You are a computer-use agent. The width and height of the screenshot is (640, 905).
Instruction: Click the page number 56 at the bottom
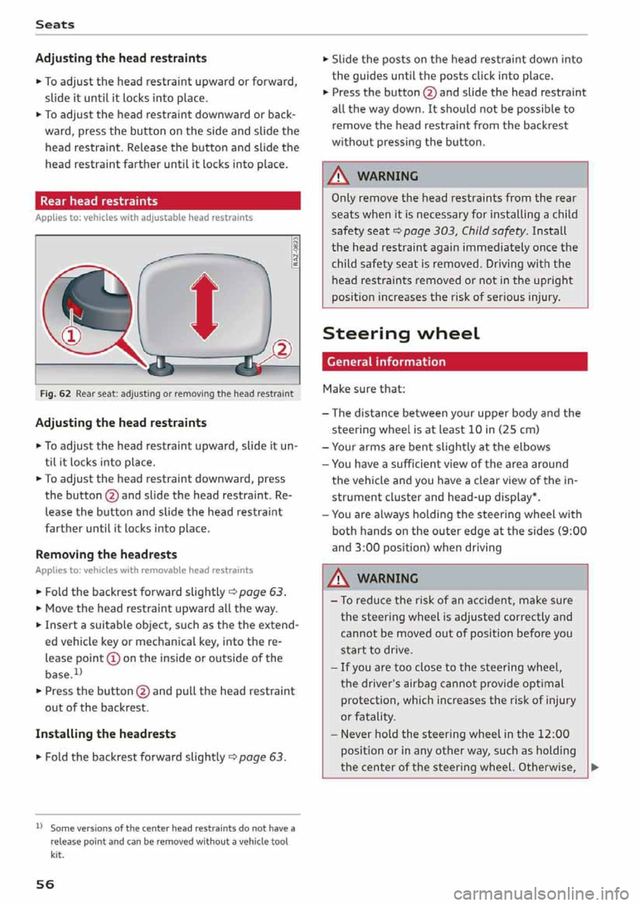click(x=45, y=884)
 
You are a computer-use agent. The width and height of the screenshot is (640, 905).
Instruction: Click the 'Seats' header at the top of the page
click(x=55, y=25)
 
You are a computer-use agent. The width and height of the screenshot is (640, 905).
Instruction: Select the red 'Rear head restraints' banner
click(x=167, y=201)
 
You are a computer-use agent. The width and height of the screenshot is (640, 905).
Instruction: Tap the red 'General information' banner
click(x=455, y=361)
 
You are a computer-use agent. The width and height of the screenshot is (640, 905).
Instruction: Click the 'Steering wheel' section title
click(x=401, y=333)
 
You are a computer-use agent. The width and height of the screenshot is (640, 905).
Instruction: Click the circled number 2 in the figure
click(x=282, y=349)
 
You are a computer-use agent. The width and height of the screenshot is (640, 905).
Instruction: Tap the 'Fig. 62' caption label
click(x=55, y=394)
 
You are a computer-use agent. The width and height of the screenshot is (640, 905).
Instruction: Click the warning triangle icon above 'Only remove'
click(x=341, y=176)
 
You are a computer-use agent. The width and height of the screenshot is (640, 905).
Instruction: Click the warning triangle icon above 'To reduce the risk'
click(x=341, y=578)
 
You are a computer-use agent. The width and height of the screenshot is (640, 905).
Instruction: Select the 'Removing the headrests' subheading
click(x=106, y=554)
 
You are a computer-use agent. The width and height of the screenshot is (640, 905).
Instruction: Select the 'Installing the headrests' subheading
click(x=105, y=734)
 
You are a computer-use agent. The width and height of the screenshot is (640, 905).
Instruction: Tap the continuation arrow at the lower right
click(x=595, y=767)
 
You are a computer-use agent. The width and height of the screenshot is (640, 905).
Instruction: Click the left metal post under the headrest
click(x=161, y=365)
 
